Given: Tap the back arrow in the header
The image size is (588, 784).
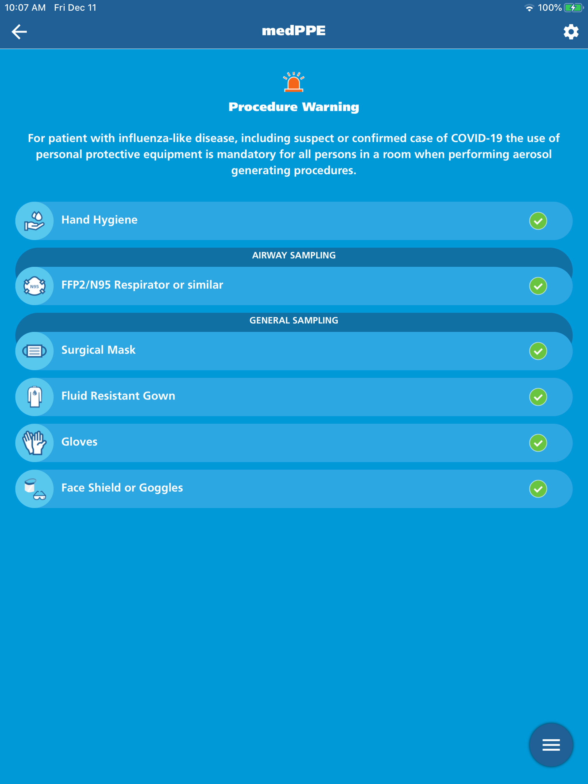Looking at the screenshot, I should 19,32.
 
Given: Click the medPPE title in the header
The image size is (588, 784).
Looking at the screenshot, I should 294,31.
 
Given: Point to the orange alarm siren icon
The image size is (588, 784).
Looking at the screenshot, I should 294,82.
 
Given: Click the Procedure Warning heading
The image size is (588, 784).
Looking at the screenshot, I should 294,107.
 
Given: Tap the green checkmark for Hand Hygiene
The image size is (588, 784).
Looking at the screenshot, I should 538,221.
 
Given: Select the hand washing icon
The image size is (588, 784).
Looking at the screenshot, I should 34,221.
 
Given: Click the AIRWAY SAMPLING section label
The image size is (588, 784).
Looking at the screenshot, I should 294,255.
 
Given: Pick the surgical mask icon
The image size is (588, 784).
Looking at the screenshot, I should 34,351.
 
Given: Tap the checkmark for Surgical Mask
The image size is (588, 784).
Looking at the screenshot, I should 538,351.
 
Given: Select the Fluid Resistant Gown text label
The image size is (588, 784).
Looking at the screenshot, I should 118,395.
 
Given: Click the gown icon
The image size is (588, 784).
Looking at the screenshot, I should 34,397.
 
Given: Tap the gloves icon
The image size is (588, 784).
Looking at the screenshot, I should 34,443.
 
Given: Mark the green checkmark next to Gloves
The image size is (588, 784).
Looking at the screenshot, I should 538,443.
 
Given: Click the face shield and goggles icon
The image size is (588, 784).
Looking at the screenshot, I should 34,489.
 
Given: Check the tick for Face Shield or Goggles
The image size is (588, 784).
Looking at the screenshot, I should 538,489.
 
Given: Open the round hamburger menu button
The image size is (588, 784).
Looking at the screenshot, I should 551,745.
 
